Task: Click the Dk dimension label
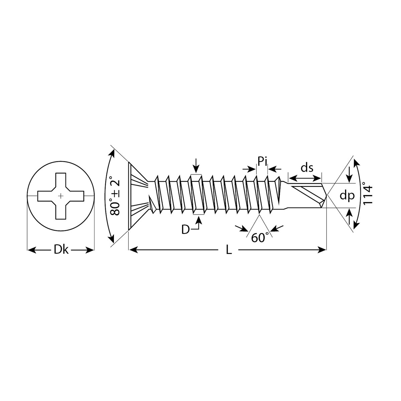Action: pyautogui.click(x=61, y=250)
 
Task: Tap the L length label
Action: pyautogui.click(x=229, y=250)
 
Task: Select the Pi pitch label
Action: pyautogui.click(x=262, y=161)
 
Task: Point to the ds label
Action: pyautogui.click(x=307, y=168)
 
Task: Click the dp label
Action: pyautogui.click(x=347, y=196)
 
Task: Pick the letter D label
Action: pyautogui.click(x=185, y=230)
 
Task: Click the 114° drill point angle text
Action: pyautogui.click(x=367, y=193)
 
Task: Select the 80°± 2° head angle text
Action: pyautogui.click(x=115, y=196)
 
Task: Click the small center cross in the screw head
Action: pyautogui.click(x=60, y=196)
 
